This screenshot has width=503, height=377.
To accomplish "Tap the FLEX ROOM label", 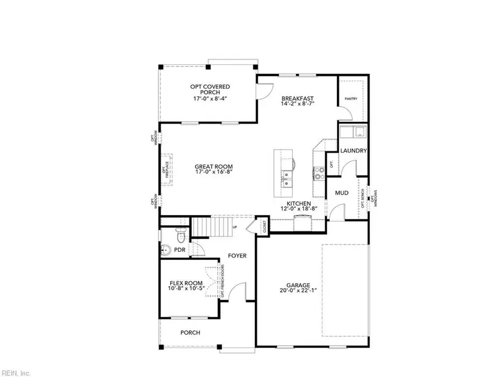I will pos(186,283).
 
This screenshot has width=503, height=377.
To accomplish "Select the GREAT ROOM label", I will pos(213,166).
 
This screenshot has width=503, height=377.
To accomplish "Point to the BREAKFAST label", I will pos(297,98).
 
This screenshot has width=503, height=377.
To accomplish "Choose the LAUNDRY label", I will pos(354,151).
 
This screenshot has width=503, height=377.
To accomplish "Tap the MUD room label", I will pos(341,193).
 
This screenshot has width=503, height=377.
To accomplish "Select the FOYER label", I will pos(237,256).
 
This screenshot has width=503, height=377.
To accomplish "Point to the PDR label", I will pos(179,250).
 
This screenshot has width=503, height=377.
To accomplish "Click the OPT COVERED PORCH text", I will pos(210,87).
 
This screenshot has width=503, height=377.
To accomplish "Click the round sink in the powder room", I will pos(166,250).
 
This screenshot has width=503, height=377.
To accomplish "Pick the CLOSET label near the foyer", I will pos(264,226).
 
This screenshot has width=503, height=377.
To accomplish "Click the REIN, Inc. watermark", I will pos(16,373).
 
